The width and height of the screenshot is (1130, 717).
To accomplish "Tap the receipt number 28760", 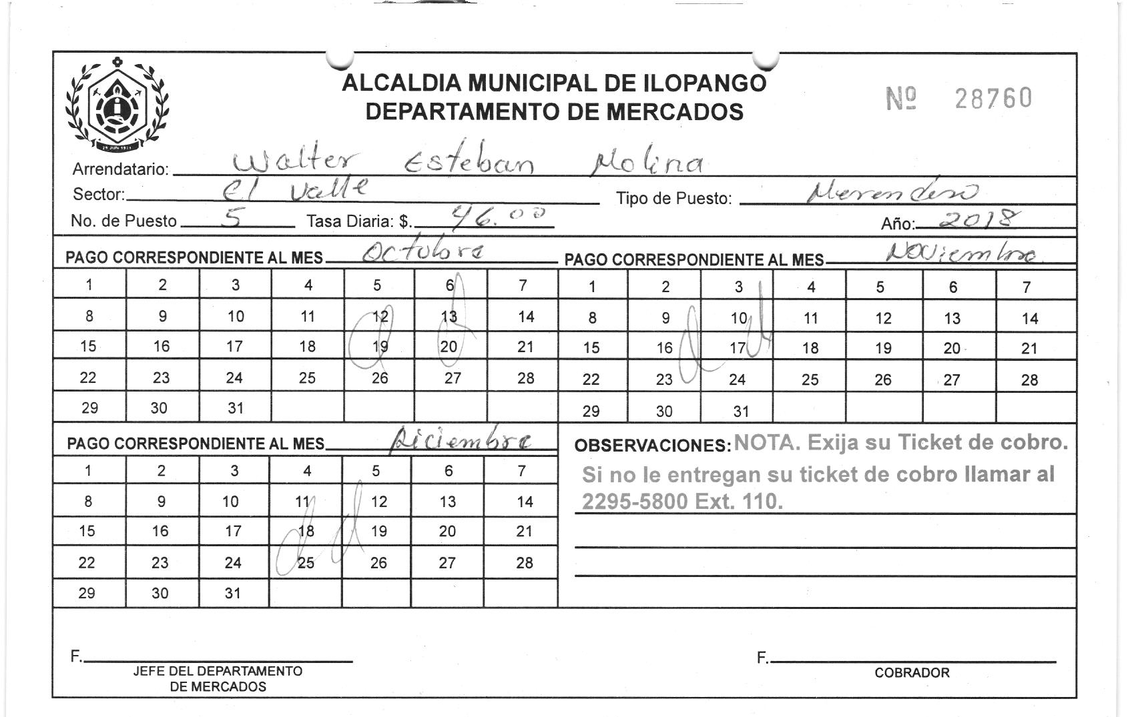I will point(993,99).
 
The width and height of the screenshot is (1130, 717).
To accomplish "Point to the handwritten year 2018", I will point(978,219).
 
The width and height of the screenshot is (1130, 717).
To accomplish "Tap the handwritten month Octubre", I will point(423,251).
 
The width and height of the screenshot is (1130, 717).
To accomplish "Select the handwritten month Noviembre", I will point(962,253).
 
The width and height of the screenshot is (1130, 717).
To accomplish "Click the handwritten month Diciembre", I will point(462,440).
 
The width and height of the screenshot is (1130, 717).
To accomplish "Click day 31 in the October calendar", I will point(235,408).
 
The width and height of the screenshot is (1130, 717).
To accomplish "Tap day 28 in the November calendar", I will point(1029,380).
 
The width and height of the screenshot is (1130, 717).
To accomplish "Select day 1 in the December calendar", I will point(88,470).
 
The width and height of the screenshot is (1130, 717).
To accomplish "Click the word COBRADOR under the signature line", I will point(912,672).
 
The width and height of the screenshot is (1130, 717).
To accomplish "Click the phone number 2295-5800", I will point(635,501).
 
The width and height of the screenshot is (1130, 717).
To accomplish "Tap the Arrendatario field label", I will point(121,169).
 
